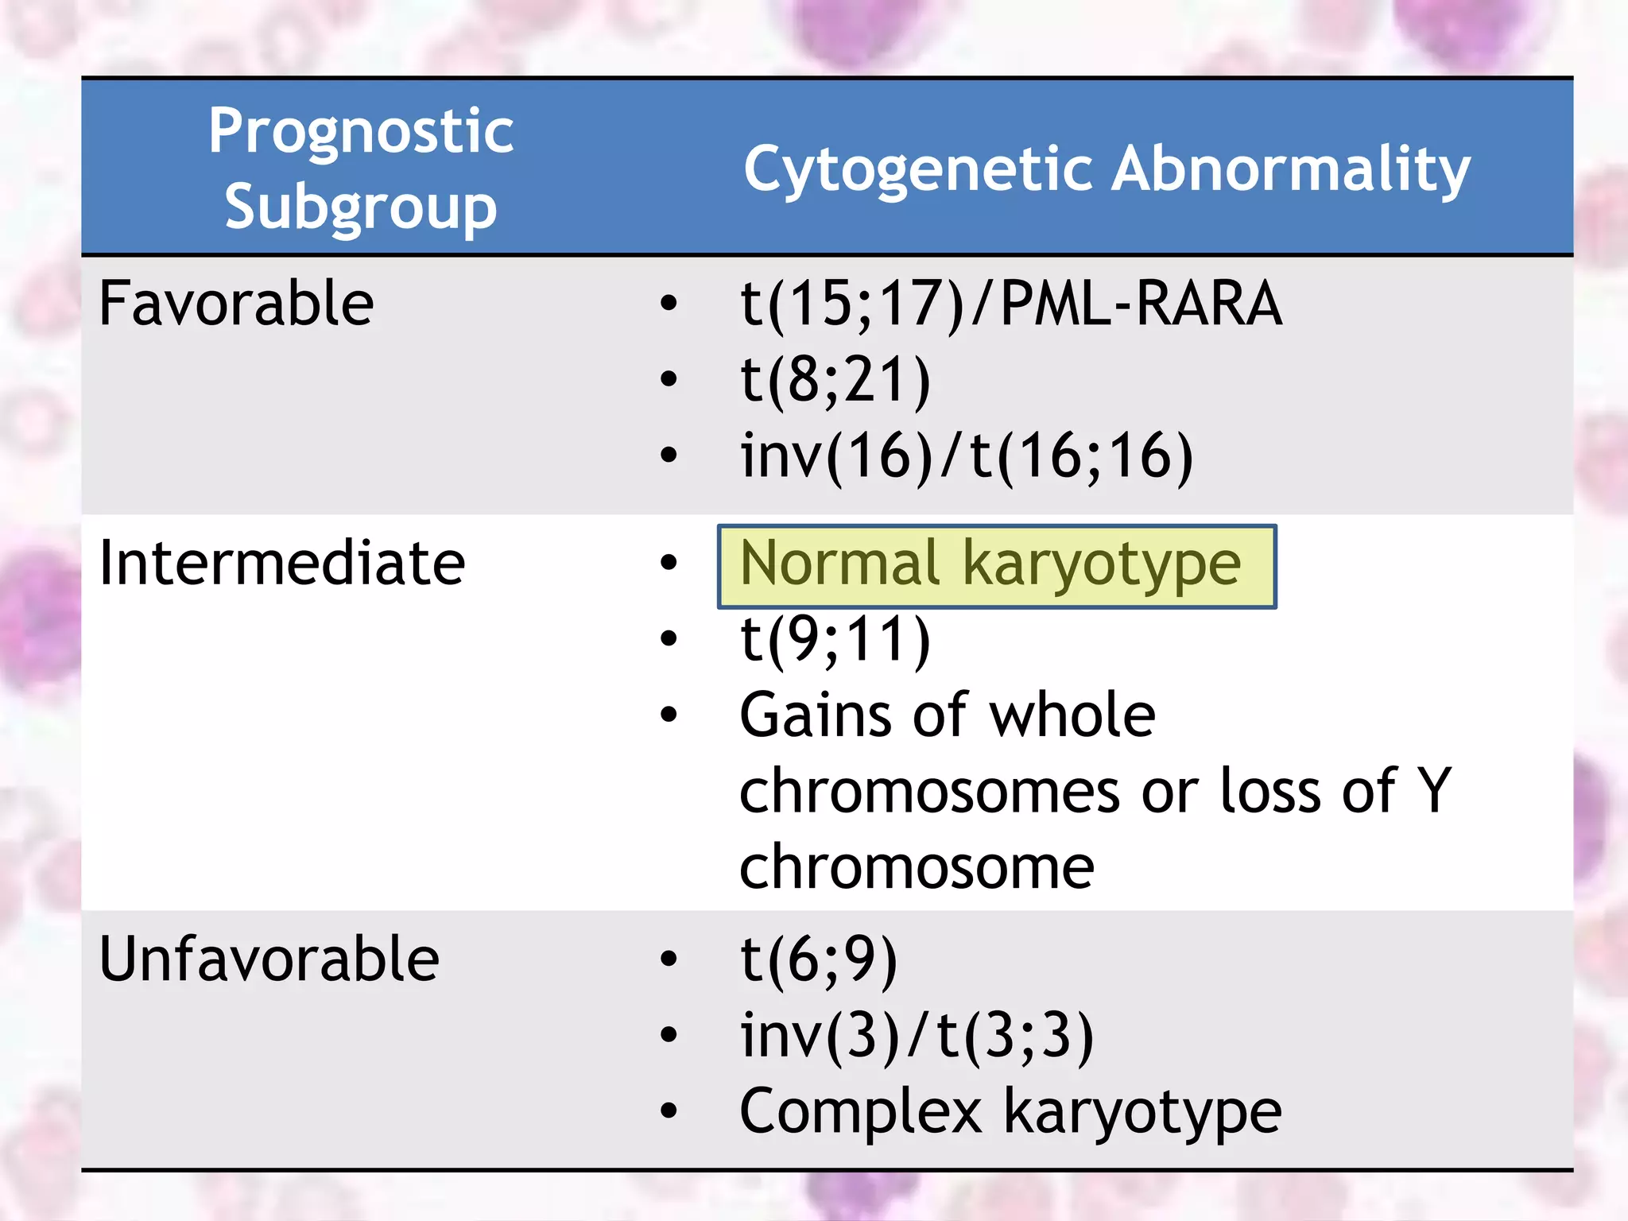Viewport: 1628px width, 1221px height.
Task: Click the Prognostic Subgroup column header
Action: tap(361, 169)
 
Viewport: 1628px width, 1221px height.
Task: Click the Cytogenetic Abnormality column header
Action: tap(1107, 169)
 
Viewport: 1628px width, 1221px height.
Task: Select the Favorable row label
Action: tap(236, 304)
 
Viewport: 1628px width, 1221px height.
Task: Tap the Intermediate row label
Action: tap(281, 563)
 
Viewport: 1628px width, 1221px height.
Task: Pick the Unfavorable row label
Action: tap(269, 959)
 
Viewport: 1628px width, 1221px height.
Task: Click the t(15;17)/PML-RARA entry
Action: tap(1010, 304)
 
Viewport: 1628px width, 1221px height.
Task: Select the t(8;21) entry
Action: tap(835, 380)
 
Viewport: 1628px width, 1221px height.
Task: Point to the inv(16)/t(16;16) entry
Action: tap(966, 456)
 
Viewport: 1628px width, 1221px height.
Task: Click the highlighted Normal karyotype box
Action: tap(997, 566)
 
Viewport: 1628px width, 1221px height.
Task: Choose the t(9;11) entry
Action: tap(835, 639)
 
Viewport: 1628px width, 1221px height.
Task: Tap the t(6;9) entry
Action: tap(819, 959)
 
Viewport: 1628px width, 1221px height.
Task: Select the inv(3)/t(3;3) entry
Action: tap(917, 1035)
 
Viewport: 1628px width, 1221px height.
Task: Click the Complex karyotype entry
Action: tap(1010, 1111)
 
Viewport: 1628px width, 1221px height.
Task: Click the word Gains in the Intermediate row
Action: tap(815, 715)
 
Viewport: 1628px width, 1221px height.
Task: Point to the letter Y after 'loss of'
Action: tap(1436, 790)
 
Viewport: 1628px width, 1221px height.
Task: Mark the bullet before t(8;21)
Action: tap(669, 379)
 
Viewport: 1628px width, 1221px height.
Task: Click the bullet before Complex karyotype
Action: tap(669, 1111)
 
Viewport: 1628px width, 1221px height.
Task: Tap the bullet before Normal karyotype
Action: tap(669, 563)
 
